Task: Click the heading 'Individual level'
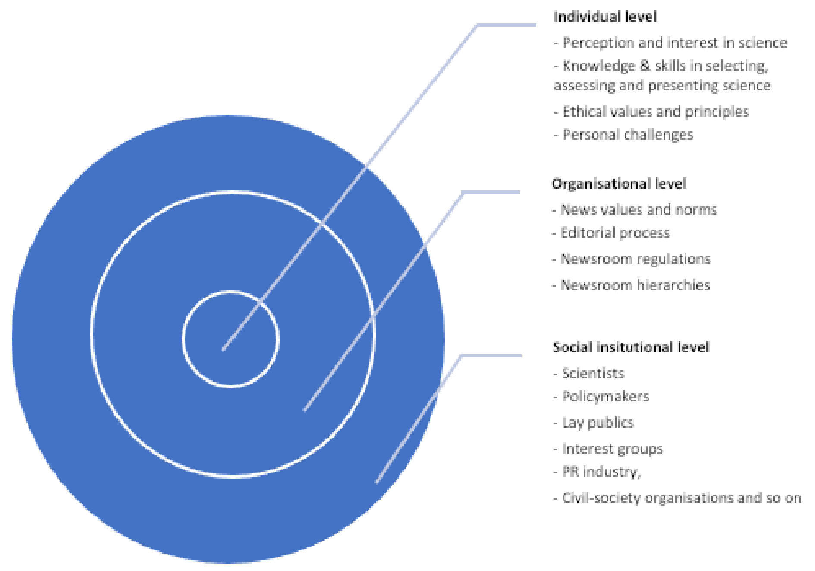[605, 17]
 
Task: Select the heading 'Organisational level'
[619, 184]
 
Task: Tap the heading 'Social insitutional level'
[631, 347]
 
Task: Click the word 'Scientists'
[593, 373]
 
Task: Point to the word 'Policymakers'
[605, 396]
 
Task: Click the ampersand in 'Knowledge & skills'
[645, 66]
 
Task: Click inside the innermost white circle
[231, 339]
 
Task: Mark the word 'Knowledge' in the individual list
[599, 66]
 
